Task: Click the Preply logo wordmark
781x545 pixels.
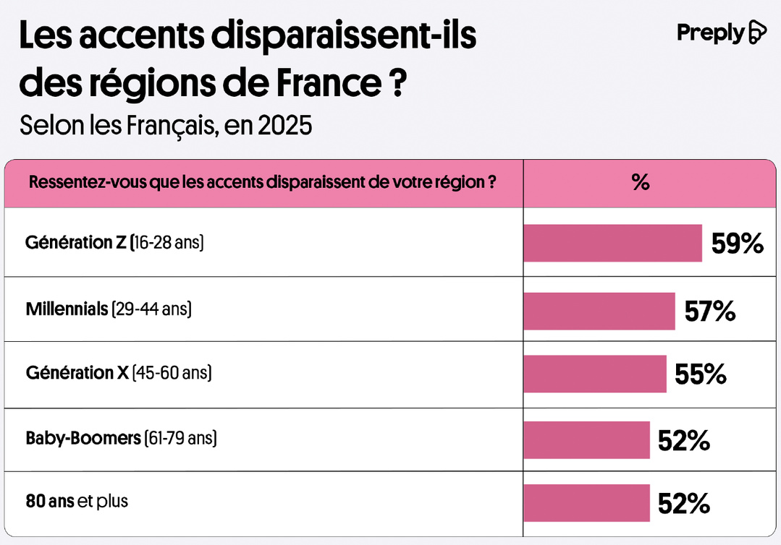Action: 710,33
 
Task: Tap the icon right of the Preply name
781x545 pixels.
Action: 756,33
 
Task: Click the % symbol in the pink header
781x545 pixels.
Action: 641,182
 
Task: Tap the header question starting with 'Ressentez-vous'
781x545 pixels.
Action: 262,182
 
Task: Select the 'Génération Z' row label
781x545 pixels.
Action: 114,243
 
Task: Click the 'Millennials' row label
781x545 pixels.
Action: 109,309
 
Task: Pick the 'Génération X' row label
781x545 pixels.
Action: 119,374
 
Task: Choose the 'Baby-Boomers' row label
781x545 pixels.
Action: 121,438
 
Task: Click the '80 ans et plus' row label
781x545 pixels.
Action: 77,500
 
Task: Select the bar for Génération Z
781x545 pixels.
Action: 612,243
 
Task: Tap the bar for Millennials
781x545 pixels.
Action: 599,311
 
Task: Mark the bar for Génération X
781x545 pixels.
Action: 594,374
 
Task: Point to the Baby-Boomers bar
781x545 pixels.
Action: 586,439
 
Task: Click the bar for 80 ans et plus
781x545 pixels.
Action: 586,502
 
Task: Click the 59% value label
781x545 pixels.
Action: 737,244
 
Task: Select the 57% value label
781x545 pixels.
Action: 709,312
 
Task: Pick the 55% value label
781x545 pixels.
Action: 700,374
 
